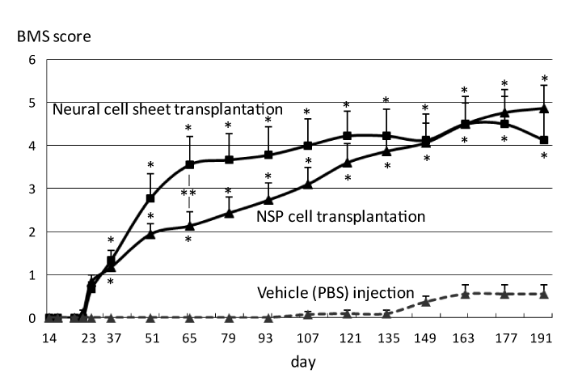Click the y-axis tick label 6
tap(32, 60)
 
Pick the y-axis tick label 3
tap(32, 189)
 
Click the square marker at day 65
tap(189, 164)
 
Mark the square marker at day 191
tap(544, 140)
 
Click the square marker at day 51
tap(150, 198)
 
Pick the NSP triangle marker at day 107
tap(307, 185)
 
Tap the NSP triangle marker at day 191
tap(544, 108)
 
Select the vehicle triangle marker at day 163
tap(465, 293)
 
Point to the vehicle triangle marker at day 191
tap(544, 293)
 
